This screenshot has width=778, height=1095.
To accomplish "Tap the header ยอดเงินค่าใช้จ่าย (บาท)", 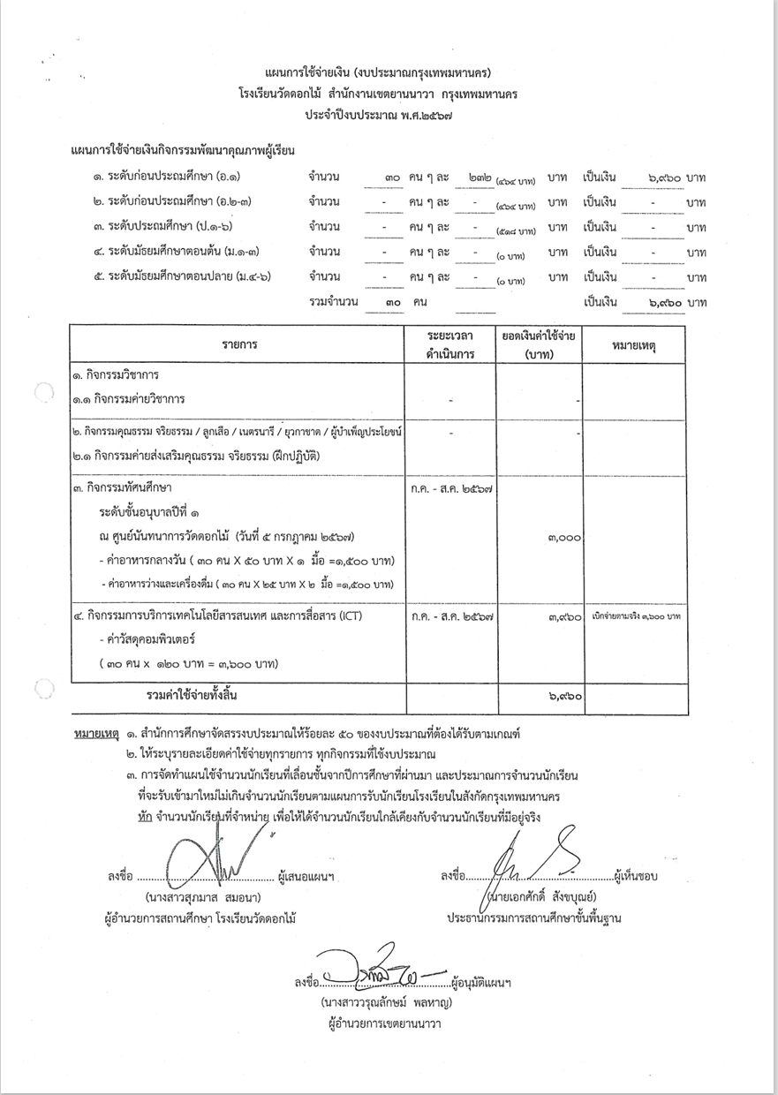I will point(539,346).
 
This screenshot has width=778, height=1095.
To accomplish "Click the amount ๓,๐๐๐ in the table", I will point(563,536).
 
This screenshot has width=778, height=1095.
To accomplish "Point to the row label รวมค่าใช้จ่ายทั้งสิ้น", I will point(192,695).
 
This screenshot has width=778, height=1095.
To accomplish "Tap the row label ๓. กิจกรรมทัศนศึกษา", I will point(123,487).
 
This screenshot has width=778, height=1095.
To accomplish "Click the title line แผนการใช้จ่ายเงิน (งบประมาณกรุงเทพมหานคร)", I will point(378,71).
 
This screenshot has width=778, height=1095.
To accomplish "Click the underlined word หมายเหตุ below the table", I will point(94,734).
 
